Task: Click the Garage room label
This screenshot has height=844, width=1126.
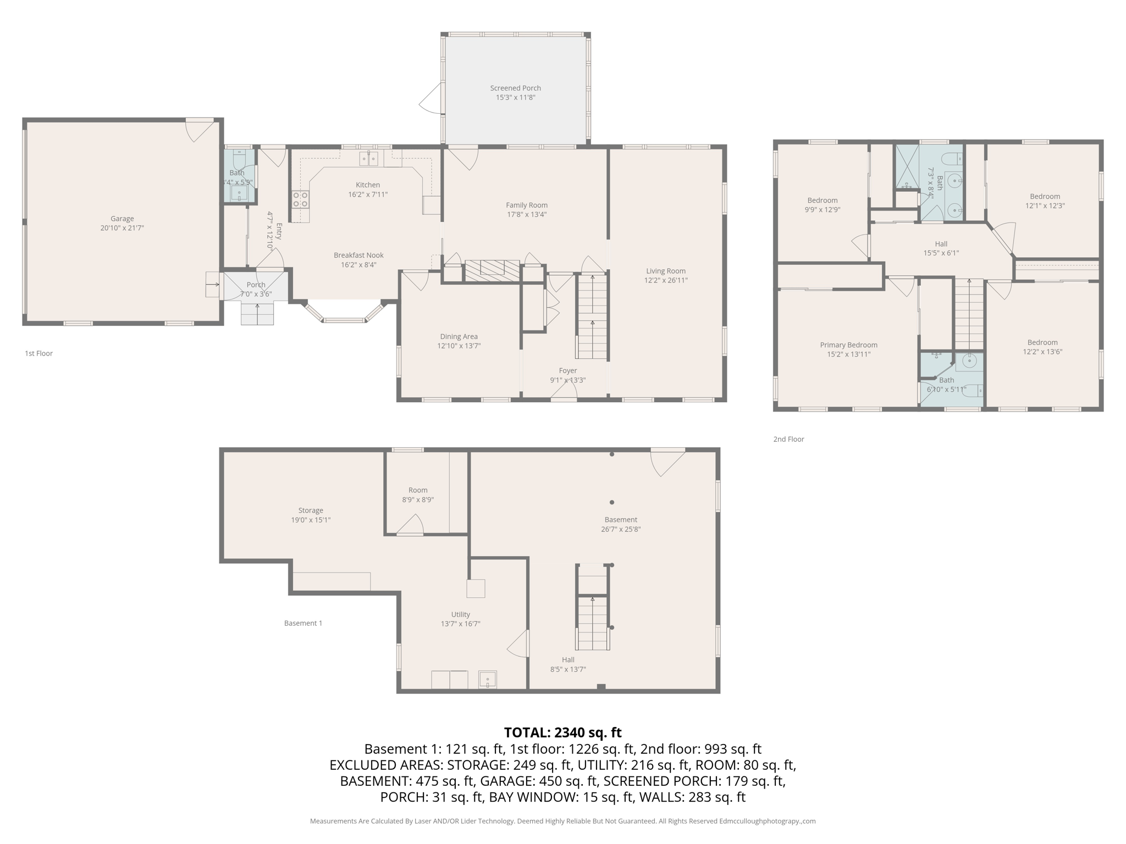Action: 122,219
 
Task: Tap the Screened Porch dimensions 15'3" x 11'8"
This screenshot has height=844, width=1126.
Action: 515,98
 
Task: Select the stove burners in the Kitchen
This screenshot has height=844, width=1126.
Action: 300,199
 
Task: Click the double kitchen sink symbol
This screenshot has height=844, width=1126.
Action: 369,159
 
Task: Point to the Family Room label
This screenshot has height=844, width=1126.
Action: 527,206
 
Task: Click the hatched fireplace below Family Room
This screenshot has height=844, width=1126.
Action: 492,270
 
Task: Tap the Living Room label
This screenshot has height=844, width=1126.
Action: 665,271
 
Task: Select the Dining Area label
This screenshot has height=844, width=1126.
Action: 459,337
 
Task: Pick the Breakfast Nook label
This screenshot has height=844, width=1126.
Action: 358,256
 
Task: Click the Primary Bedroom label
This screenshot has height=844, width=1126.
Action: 848,345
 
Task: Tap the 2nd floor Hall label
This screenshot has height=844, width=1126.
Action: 941,244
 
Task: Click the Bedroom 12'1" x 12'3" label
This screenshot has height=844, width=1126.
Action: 1045,197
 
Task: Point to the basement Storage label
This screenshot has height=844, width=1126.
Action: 311,510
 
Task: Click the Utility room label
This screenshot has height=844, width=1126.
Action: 460,614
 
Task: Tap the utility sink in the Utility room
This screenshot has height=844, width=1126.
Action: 487,680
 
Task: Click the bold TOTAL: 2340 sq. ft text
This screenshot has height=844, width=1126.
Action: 562,732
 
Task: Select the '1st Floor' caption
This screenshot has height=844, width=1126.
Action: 38,353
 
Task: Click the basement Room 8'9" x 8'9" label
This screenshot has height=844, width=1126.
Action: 418,490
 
